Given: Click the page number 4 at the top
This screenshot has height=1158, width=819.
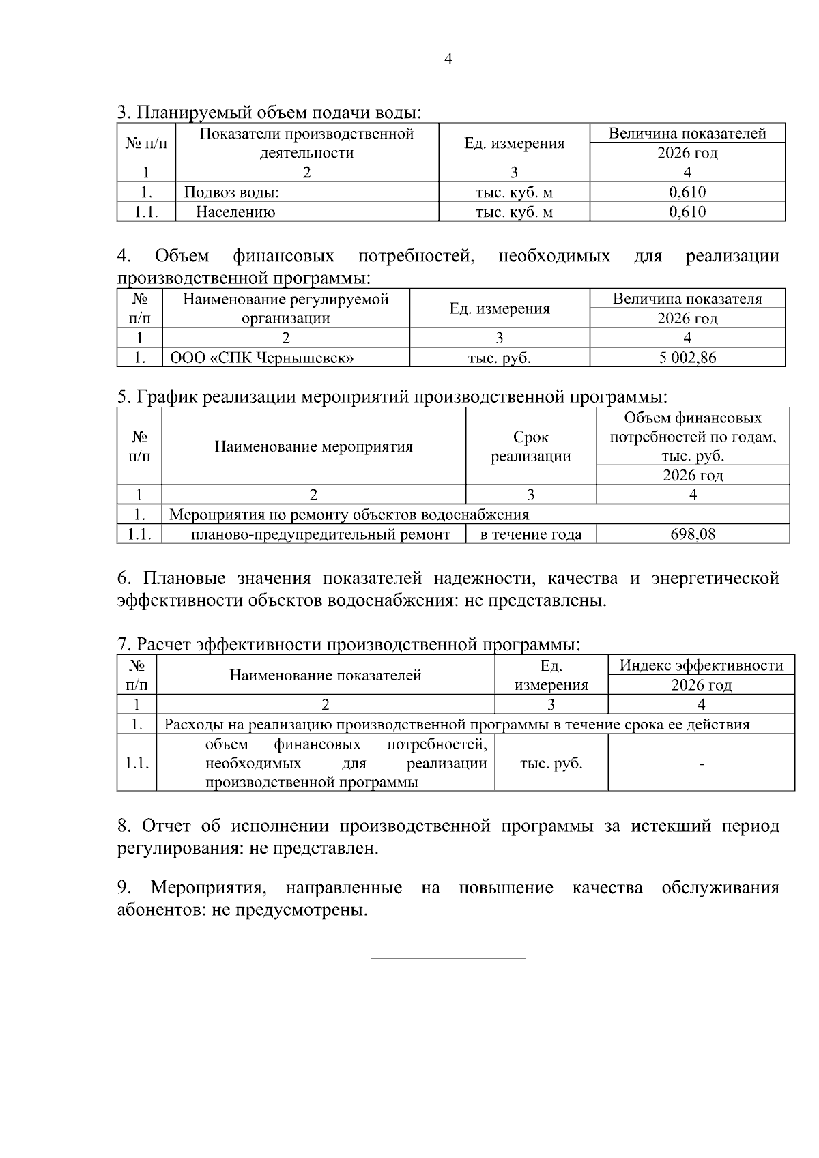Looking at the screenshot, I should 448,59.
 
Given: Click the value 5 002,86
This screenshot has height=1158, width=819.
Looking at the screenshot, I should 687,358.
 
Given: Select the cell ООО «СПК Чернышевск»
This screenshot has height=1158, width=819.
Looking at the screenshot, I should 261,358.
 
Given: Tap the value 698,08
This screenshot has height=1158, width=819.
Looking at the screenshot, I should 693,534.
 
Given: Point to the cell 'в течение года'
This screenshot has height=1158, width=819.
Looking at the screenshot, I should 531,534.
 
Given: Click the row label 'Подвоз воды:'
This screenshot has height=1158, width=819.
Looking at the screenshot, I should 231,192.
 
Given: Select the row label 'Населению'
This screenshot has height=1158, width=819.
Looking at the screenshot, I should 235,212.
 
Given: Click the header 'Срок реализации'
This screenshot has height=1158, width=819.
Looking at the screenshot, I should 531,446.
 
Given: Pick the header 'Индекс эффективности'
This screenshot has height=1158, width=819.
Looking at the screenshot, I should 701,665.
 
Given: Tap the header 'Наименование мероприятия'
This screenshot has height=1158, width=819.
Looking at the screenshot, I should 313,447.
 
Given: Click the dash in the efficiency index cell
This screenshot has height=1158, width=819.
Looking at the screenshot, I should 701,764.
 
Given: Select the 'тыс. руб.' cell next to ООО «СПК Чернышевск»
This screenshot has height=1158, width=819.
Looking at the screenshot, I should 499,358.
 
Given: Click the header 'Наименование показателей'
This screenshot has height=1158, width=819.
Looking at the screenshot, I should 325,676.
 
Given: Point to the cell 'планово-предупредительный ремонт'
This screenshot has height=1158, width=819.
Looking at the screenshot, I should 320,534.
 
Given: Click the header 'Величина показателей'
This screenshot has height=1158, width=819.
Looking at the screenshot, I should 687,134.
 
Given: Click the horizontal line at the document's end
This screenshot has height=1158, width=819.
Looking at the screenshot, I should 448,959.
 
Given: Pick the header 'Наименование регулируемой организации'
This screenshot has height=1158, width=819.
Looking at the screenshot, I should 286,308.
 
